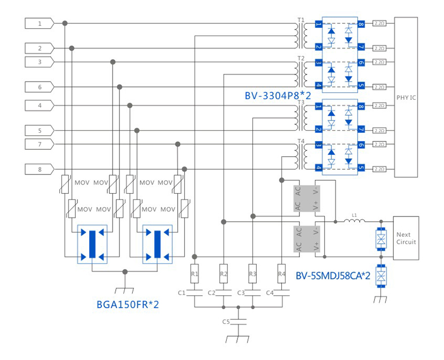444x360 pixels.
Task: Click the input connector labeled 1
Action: point(39,23)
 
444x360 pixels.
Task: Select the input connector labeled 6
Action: point(39,87)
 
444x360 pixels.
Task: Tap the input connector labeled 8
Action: point(39,169)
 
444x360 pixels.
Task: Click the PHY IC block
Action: point(407,97)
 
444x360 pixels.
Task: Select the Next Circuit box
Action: point(406,238)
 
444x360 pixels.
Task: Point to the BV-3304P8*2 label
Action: point(277,96)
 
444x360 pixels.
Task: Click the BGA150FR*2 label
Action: point(128,305)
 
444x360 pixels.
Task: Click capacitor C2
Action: point(224,292)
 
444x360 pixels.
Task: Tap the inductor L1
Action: point(353,220)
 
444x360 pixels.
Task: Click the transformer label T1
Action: point(301,20)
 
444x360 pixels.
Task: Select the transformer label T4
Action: point(301,141)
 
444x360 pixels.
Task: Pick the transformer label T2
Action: point(301,58)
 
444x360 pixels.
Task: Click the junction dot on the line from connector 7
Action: point(178,144)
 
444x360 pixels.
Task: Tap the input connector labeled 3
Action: point(39,62)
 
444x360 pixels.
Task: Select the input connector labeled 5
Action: point(39,130)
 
